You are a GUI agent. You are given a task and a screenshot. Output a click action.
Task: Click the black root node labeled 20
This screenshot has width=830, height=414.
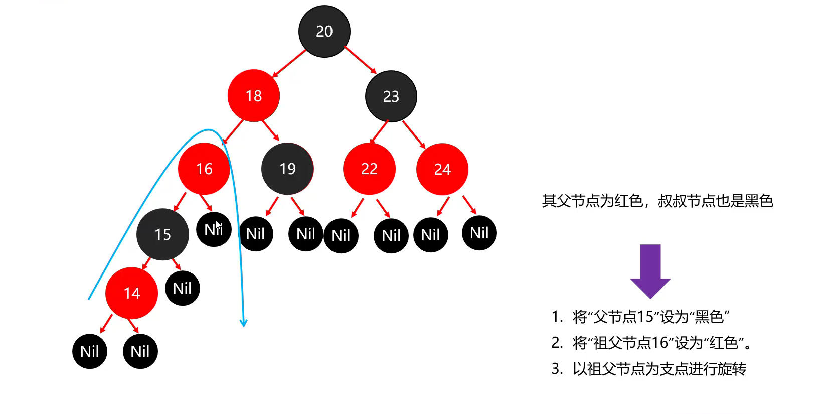click(x=324, y=31)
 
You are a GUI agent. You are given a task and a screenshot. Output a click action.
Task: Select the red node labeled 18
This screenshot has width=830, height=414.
click(x=253, y=95)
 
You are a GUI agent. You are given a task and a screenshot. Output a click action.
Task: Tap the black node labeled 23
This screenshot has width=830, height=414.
click(x=391, y=96)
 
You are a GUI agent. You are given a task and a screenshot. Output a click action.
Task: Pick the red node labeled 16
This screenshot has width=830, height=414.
click(x=204, y=169)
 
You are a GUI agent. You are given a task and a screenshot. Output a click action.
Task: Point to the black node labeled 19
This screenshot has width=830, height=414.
click(x=287, y=169)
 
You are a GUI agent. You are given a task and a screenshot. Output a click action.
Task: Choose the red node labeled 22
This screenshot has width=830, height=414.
click(x=369, y=169)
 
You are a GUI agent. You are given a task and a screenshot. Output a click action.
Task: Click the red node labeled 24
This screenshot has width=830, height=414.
click(x=442, y=169)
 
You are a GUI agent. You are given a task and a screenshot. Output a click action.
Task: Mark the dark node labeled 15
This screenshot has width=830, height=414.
click(x=162, y=234)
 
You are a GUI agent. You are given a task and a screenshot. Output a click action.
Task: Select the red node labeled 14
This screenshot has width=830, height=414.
click(x=131, y=293)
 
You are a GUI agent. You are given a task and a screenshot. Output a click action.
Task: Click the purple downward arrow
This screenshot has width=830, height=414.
click(x=650, y=271)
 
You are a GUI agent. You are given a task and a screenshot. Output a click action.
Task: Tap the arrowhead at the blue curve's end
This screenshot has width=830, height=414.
click(x=244, y=323)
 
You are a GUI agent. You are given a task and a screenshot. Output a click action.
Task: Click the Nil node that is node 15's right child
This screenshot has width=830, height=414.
click(x=182, y=288)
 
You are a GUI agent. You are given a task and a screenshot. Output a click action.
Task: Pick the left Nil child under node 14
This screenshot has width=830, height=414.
click(x=90, y=351)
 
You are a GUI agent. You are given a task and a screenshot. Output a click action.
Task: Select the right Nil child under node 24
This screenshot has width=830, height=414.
click(x=479, y=233)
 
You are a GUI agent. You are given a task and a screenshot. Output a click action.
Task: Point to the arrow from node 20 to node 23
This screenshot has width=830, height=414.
click(x=360, y=60)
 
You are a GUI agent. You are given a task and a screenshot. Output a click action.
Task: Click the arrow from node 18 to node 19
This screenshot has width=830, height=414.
click(x=271, y=130)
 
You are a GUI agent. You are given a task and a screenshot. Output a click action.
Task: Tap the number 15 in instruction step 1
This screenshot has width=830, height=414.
click(x=645, y=317)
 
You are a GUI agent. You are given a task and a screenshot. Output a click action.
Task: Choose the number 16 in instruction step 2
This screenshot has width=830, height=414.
click(x=659, y=343)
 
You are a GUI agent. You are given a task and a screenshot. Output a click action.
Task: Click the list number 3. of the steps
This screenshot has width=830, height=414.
click(x=557, y=369)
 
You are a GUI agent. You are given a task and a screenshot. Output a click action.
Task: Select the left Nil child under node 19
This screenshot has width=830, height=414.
click(x=255, y=234)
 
